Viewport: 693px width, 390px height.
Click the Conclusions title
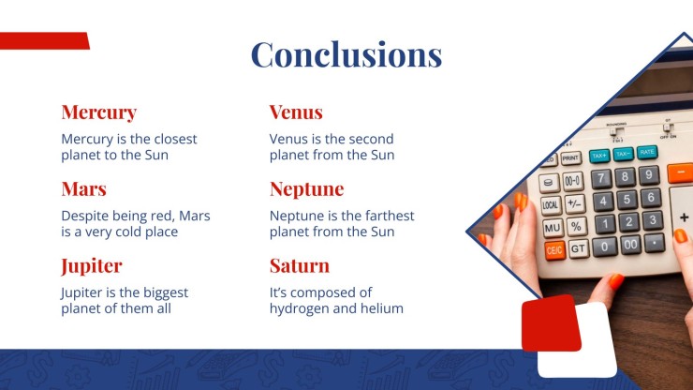(346, 54)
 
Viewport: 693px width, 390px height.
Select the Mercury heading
(99, 112)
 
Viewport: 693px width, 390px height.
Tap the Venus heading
(296, 112)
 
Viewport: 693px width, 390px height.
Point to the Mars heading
(84, 189)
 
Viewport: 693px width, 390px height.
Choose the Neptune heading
(307, 189)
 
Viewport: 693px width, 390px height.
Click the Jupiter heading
(92, 266)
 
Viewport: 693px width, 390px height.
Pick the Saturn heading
(300, 265)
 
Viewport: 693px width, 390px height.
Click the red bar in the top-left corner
(45, 40)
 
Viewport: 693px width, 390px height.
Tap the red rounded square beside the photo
(551, 323)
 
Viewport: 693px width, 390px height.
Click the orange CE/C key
(554, 251)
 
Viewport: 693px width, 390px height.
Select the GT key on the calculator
(578, 248)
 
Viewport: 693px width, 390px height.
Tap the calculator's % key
(576, 226)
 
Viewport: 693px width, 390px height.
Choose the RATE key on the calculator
(647, 152)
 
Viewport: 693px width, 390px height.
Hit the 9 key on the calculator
(648, 175)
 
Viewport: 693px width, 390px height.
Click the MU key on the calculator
(553, 228)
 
